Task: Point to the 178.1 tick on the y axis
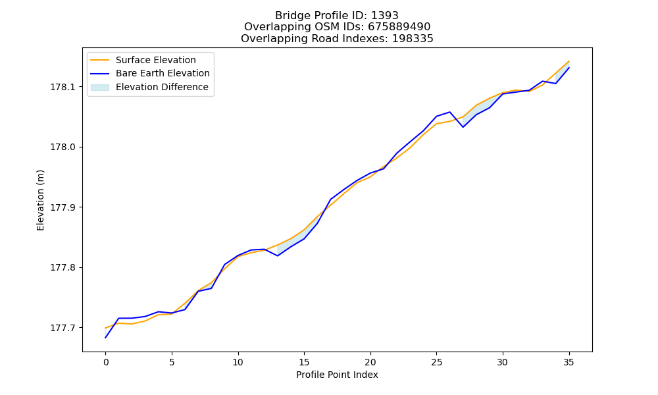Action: click(x=62, y=87)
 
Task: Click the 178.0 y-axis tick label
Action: click(x=62, y=147)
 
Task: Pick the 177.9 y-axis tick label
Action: click(x=62, y=207)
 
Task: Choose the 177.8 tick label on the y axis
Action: click(x=62, y=267)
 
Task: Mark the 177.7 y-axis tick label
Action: click(x=62, y=328)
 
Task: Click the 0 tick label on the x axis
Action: click(x=106, y=362)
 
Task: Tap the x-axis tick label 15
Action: click(x=304, y=362)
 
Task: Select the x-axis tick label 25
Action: click(x=436, y=362)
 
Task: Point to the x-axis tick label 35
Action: click(x=569, y=362)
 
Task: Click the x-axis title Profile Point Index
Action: click(x=337, y=375)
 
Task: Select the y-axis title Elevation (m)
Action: click(x=40, y=200)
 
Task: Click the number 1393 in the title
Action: click(x=384, y=16)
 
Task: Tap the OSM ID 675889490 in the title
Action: click(x=399, y=27)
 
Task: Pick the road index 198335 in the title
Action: click(x=413, y=39)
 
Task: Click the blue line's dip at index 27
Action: click(x=463, y=127)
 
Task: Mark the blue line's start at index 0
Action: click(x=106, y=338)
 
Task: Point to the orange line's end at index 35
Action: click(x=569, y=61)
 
